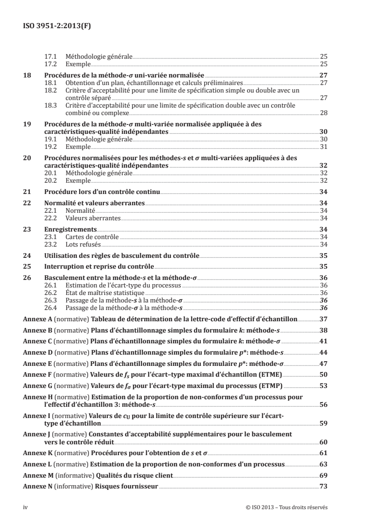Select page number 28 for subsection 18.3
tap(323, 113)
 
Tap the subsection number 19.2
tap(50, 146)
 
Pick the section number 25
tap(27, 266)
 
